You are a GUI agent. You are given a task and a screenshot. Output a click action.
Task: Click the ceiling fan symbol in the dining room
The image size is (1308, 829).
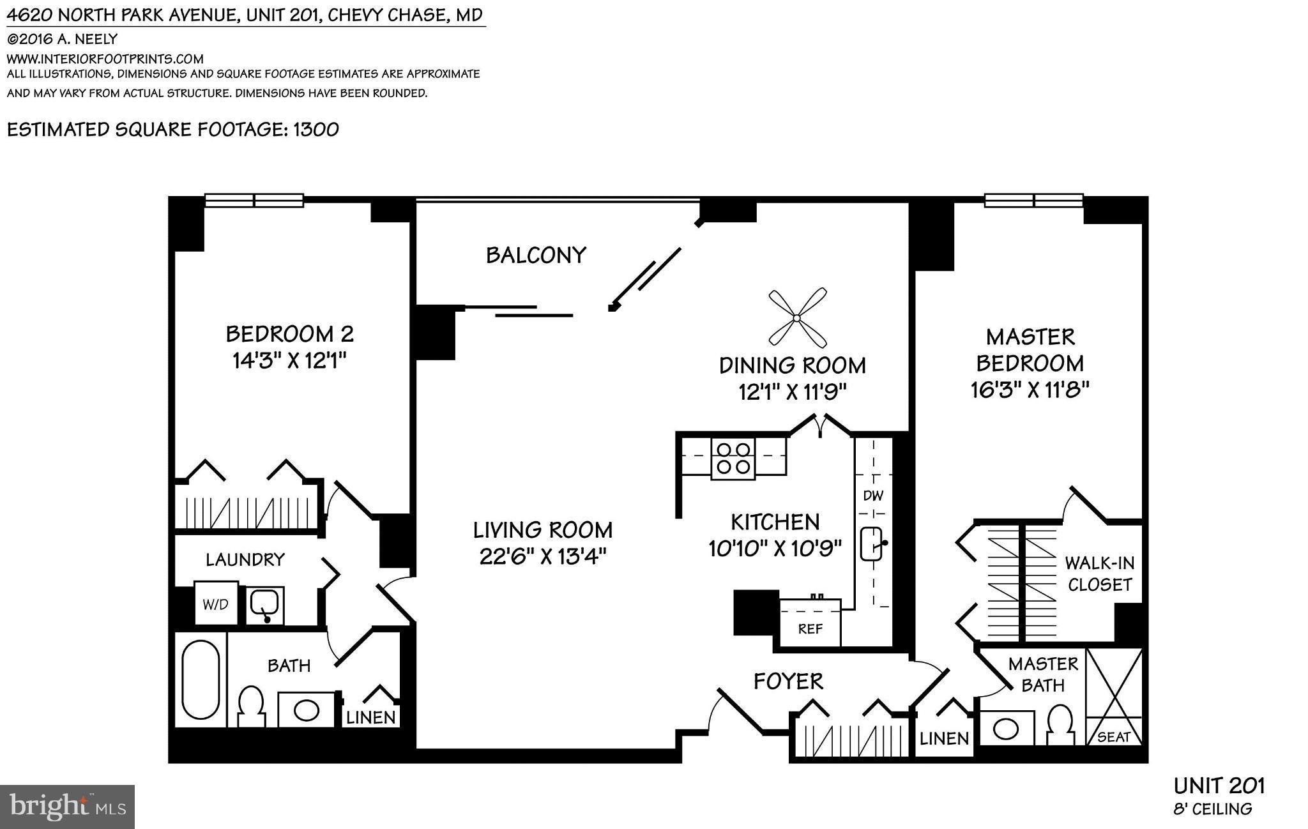pos(797,317)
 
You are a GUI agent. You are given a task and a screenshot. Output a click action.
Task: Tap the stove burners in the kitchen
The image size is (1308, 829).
pos(733,458)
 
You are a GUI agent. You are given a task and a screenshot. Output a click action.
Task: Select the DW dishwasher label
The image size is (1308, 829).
pos(872,496)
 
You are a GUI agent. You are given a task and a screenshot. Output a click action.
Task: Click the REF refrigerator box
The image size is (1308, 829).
pos(810,629)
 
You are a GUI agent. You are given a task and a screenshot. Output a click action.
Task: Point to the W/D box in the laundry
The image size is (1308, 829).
pos(216,604)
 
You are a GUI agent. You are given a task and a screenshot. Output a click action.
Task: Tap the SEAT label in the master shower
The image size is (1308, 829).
pos(1114,737)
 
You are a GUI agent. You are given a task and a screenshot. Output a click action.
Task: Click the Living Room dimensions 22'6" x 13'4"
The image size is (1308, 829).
pos(542,556)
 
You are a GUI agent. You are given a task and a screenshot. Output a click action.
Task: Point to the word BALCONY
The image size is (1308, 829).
pos(536,255)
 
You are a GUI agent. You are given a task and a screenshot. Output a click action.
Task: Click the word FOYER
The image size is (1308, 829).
pos(788,681)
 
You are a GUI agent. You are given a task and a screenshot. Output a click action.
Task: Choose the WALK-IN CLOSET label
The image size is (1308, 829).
pos(1099,574)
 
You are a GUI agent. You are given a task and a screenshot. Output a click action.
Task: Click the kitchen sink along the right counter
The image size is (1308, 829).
pos(871,544)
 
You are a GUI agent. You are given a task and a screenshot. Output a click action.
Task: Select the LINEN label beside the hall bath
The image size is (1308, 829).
pos(370,717)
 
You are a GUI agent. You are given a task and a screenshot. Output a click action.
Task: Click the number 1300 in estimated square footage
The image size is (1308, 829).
pos(316,130)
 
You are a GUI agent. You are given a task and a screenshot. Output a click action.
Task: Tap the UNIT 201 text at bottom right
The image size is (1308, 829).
pos(1219,786)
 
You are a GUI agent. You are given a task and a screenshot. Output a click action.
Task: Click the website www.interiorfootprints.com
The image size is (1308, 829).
pos(105,59)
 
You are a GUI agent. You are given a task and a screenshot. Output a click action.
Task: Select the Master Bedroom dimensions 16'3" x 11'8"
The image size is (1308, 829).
pos(1030,389)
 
